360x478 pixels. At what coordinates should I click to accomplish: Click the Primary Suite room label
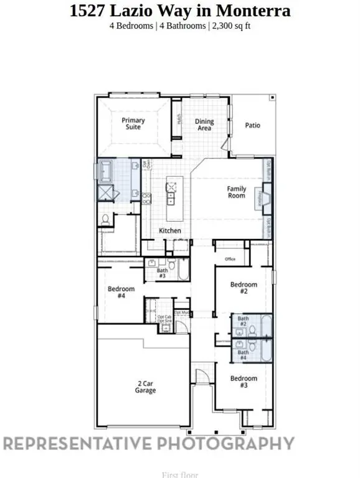tap(133, 123)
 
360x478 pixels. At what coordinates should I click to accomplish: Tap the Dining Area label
tap(204, 124)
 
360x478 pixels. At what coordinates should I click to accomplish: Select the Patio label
tap(252, 125)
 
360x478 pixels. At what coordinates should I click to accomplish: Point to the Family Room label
tap(236, 192)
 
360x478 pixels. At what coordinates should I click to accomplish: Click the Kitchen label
tap(170, 231)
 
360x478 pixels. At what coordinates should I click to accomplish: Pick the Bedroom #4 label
tap(121, 292)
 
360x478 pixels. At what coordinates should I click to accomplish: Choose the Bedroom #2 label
tap(244, 288)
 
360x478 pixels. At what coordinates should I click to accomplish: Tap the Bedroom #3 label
tap(244, 382)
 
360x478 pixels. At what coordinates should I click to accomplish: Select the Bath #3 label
tap(162, 273)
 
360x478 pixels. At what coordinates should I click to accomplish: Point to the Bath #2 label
tap(243, 322)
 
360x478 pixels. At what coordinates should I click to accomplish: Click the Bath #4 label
tap(243, 355)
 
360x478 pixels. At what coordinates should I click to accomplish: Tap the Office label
tap(230, 259)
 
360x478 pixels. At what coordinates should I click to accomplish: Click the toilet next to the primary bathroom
tap(106, 219)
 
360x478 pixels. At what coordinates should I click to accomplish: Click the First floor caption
tap(180, 474)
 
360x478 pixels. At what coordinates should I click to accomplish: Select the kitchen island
tap(171, 192)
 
